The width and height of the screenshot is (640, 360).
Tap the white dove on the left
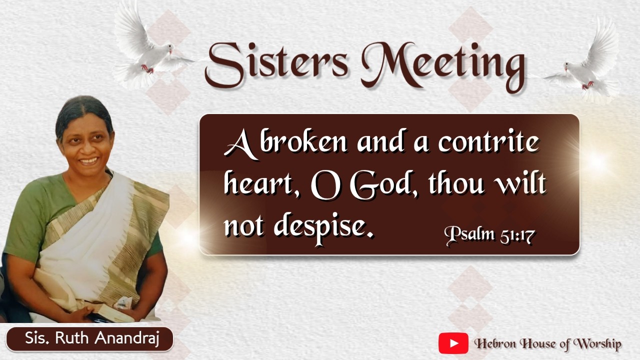pyautogui.click(x=150, y=47)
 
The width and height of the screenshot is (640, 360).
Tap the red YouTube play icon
pyautogui.click(x=453, y=343)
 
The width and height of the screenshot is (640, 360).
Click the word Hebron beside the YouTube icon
pyautogui.click(x=495, y=343)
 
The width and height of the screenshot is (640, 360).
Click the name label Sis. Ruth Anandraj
pyautogui.click(x=92, y=338)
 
